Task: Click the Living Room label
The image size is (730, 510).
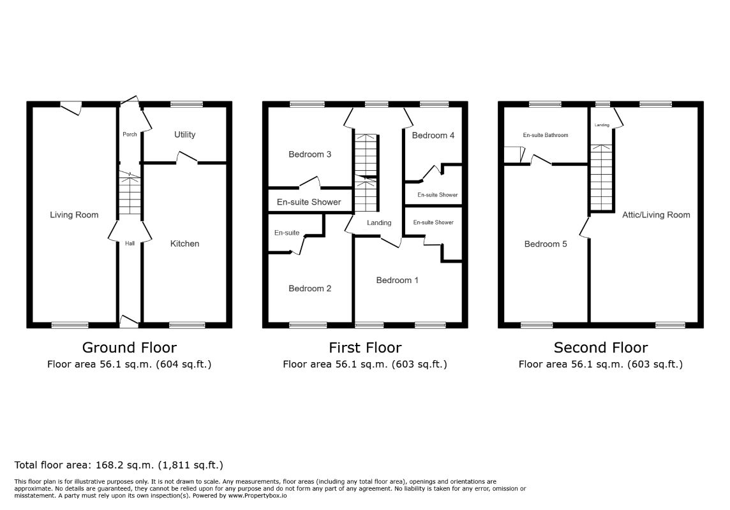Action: point(74,215)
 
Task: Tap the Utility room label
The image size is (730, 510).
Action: point(184,135)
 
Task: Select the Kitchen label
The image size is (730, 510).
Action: point(184,244)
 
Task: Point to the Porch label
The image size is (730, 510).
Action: point(130,135)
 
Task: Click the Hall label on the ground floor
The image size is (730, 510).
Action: point(130,243)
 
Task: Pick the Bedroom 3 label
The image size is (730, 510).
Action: point(309,154)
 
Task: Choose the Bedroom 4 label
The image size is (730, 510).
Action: point(433,135)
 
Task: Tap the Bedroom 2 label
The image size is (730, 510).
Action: point(309,288)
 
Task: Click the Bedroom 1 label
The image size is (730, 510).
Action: point(397,280)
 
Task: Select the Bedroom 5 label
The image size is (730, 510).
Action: point(546,244)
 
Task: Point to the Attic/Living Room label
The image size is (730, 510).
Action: point(656,215)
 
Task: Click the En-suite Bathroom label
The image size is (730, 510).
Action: point(546,135)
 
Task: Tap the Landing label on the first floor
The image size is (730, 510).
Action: point(379,222)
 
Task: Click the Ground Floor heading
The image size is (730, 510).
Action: point(130,347)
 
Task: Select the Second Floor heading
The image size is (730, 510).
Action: point(600,347)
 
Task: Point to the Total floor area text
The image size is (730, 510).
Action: point(119,465)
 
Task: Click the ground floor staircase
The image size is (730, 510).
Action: point(130,193)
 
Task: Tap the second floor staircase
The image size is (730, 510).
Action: point(602,178)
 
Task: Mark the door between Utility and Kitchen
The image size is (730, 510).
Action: point(187,157)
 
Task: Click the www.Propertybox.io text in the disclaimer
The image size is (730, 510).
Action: point(257,495)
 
